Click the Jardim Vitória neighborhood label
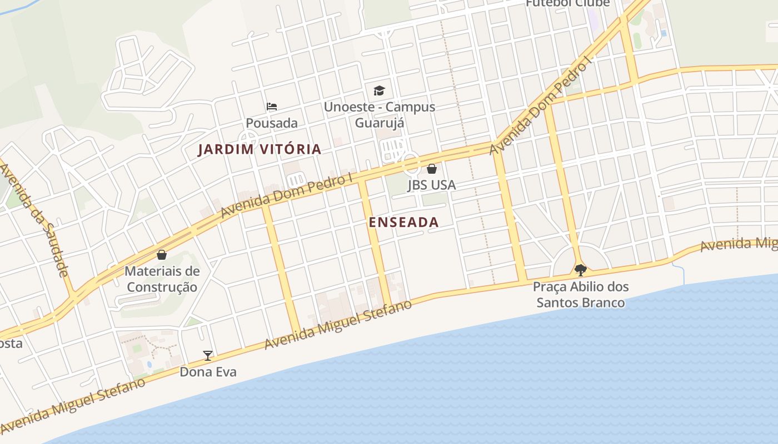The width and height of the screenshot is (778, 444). point(260,149)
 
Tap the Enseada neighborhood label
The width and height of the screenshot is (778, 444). point(404,223)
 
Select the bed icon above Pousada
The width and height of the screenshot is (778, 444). point(272,107)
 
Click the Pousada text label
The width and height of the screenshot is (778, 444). point(272,123)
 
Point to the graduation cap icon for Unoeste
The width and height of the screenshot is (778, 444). point(379,90)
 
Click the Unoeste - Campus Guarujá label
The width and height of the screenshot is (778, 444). point(380,114)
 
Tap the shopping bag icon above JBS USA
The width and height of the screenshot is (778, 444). point(432,169)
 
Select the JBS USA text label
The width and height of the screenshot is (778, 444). point(432,185)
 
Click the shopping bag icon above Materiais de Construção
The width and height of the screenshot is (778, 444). point(162,255)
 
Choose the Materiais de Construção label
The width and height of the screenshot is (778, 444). point(162,279)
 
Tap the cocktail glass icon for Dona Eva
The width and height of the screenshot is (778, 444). point(208,356)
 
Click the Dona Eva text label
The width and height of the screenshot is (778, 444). point(208,372)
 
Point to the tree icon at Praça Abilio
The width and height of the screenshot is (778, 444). point(580,270)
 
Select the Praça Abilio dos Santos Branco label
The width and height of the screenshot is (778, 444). point(580,295)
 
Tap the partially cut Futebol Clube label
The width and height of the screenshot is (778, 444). point(567,3)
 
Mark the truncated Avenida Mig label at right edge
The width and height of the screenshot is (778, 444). point(739,245)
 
